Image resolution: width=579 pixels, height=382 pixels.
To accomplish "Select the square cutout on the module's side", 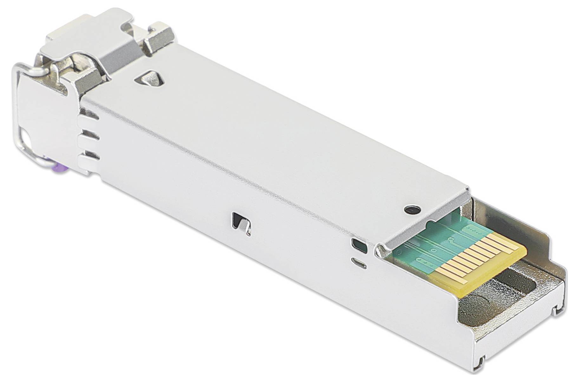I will pos(242,223).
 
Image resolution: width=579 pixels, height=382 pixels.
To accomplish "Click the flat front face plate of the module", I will pos(48,120).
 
